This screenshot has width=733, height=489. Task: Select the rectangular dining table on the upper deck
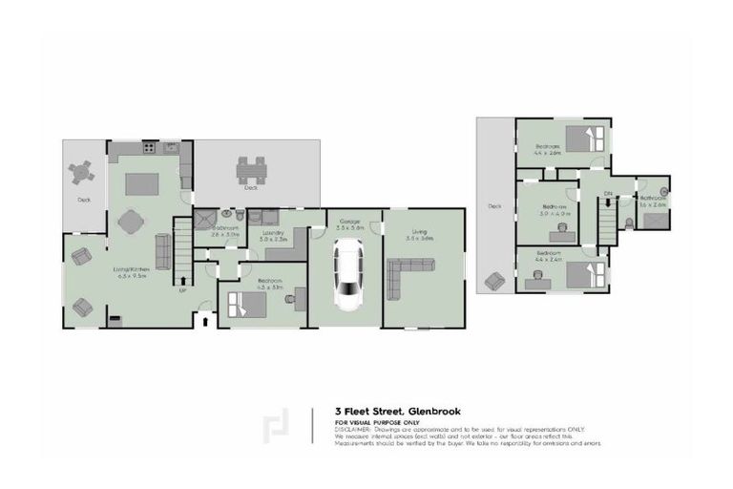(x=251, y=170)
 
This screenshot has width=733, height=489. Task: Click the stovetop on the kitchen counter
(x=149, y=147)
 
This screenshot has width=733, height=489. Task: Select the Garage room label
(x=348, y=222)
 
